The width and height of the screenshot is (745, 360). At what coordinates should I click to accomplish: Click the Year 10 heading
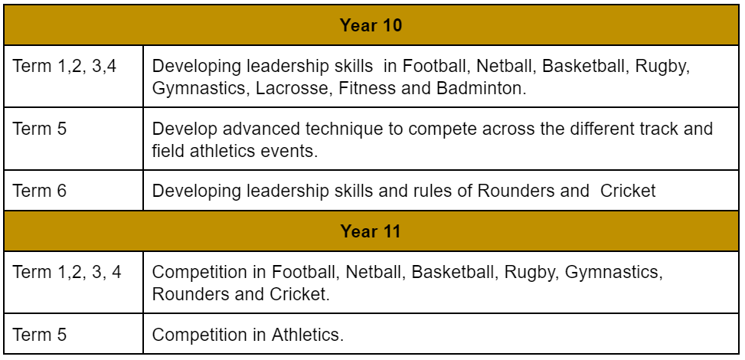point(371,25)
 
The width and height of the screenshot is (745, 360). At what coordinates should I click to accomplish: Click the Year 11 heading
point(371,231)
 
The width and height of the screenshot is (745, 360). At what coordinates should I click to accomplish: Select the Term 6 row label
point(40,191)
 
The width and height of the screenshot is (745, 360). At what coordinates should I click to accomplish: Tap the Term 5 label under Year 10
point(40,129)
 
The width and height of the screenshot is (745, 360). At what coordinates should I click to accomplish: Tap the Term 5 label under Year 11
point(40,335)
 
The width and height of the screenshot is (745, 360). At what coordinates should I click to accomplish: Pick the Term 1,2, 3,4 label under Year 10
point(64,67)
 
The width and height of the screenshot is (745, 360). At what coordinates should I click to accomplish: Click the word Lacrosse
point(292,88)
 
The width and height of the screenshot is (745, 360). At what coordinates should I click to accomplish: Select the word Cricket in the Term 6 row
point(628,191)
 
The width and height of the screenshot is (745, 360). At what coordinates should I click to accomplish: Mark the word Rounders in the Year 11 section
point(190,294)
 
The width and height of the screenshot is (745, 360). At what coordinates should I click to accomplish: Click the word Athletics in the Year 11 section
point(307,335)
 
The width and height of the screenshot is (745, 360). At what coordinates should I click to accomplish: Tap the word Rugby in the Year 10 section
point(662,67)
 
